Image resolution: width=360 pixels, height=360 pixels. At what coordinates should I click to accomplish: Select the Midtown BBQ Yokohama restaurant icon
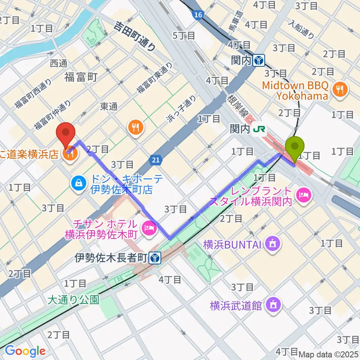click(340, 89)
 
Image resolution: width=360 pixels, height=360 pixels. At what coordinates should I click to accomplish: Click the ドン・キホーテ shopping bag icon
click(79, 183)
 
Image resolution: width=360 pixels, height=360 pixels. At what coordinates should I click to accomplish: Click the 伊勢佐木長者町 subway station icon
click(155, 258)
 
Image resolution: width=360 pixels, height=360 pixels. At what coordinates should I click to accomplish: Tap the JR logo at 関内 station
click(259, 129)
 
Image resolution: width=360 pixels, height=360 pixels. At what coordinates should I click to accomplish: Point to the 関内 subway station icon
click(259, 60)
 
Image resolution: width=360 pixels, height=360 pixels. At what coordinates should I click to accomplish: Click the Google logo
click(25, 351)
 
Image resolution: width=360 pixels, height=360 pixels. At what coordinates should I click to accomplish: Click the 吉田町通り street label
click(135, 36)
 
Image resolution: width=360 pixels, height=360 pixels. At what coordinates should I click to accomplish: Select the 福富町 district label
click(81, 77)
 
